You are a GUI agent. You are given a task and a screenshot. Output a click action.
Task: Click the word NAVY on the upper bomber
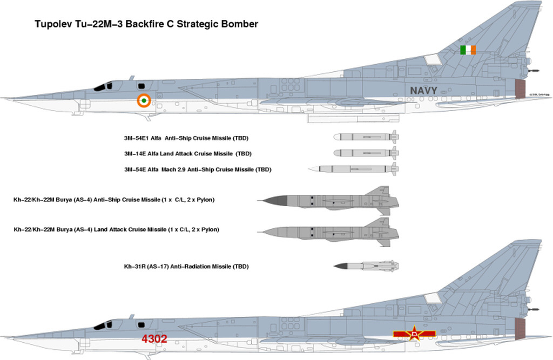click(x=423, y=90)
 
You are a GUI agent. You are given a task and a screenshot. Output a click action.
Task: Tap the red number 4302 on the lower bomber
click(x=154, y=339)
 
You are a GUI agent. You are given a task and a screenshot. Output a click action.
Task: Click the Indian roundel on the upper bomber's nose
click(x=143, y=100)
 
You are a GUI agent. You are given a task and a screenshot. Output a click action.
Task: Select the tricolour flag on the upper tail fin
click(x=468, y=50)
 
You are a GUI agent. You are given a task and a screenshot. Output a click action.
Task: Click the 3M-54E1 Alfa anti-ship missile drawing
click(x=366, y=137)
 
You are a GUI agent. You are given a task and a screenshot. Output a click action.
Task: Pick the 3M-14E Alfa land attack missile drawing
click(x=366, y=153)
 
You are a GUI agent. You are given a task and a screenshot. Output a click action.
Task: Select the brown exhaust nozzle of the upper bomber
click(x=520, y=89)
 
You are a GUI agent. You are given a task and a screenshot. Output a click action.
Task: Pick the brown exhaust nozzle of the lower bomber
click(x=520, y=329)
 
